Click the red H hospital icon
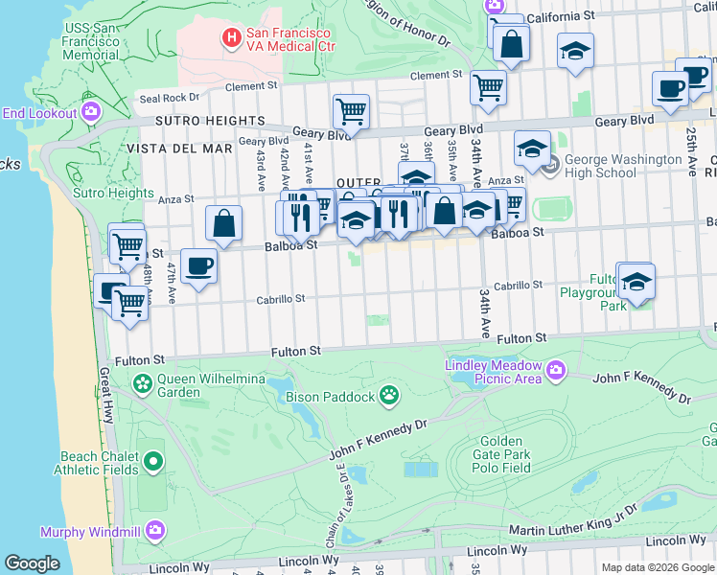click(x=231, y=38)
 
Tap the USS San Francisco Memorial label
click(x=91, y=41)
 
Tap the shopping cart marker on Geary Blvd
click(x=352, y=110)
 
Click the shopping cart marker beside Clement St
click(x=489, y=86)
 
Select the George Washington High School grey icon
click(x=550, y=166)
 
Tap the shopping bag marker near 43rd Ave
click(x=223, y=223)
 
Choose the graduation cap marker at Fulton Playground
click(x=635, y=281)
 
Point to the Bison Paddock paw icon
click(x=389, y=394)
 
